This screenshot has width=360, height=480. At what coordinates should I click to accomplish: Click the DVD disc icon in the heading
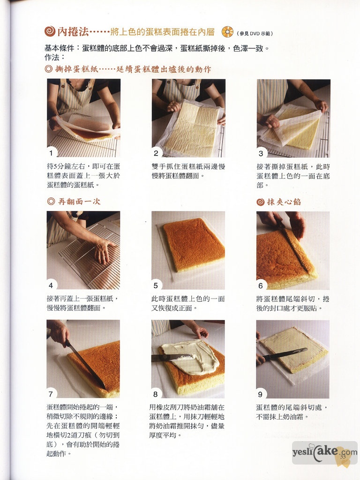pyautogui.click(x=227, y=32)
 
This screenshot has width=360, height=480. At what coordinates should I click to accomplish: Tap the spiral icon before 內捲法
pyautogui.click(x=50, y=31)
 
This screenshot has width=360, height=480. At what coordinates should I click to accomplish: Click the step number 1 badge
pyautogui.click(x=51, y=153)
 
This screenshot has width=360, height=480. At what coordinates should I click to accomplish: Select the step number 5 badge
pyautogui.click(x=156, y=285)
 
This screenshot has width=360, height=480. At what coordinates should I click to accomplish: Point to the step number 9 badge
pyautogui.click(x=261, y=394)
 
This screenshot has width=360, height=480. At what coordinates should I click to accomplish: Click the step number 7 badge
pyautogui.click(x=51, y=394)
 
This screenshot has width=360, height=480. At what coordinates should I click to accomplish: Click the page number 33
pyautogui.click(x=343, y=457)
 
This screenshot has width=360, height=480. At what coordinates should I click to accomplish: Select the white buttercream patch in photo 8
pyautogui.click(x=190, y=357)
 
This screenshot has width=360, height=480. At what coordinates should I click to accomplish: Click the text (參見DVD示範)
pyautogui.click(x=255, y=34)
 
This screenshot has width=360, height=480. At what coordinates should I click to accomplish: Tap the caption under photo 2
pyautogui.click(x=188, y=171)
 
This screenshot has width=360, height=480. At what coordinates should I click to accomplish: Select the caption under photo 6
pyautogui.click(x=292, y=303)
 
